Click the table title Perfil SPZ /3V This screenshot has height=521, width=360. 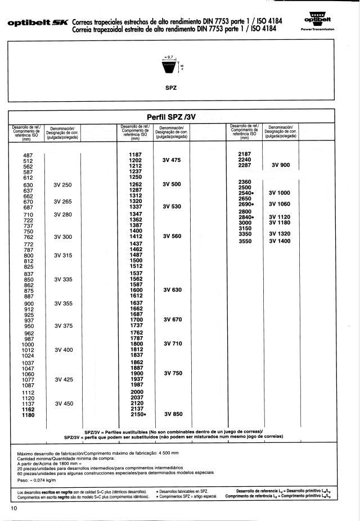(x=170, y=117)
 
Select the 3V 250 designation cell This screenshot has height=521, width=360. (x=63, y=185)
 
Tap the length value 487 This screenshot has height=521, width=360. (x=28, y=155)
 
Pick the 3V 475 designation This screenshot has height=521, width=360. (x=172, y=160)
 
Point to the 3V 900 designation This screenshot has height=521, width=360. (x=280, y=166)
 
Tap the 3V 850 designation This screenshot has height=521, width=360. (x=173, y=415)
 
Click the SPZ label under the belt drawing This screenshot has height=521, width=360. (x=172, y=88)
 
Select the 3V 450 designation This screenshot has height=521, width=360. (x=63, y=404)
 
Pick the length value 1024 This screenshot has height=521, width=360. (x=28, y=356)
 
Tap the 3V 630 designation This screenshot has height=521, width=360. (x=172, y=290)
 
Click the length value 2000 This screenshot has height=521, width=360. (x=137, y=392)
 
